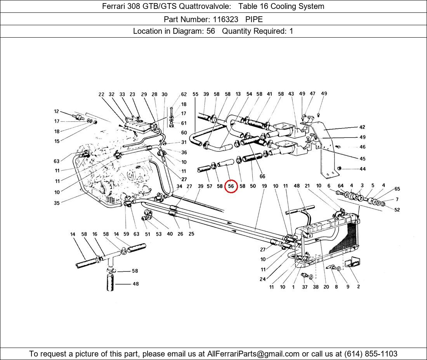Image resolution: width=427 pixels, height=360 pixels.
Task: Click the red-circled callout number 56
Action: (x=231, y=186)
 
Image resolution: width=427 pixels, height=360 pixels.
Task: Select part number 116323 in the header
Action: (x=225, y=19)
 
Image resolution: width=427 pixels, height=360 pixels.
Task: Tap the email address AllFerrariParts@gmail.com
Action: (x=253, y=354)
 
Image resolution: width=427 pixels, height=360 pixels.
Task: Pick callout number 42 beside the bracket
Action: (x=362, y=127)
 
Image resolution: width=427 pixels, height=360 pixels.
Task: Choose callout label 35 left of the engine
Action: (x=57, y=203)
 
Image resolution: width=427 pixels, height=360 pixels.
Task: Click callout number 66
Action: (x=262, y=177)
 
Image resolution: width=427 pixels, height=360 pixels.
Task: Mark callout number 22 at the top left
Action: (x=101, y=94)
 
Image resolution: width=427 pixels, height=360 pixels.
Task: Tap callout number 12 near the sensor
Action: (x=57, y=112)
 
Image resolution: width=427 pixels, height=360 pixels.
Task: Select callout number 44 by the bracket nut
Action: (x=362, y=169)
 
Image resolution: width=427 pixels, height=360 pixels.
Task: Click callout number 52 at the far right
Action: (x=397, y=210)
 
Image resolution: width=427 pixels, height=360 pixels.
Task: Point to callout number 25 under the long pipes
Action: (x=191, y=234)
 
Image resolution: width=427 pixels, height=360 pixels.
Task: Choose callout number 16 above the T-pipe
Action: (x=95, y=234)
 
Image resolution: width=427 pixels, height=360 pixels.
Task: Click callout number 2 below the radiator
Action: (x=358, y=287)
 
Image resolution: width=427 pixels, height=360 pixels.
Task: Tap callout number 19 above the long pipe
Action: (x=264, y=186)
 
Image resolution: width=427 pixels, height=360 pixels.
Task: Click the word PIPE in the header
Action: (x=254, y=19)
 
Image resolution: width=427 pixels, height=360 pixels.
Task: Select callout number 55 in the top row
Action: (x=195, y=94)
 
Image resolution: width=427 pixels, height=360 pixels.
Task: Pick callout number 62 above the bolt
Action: (x=184, y=94)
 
